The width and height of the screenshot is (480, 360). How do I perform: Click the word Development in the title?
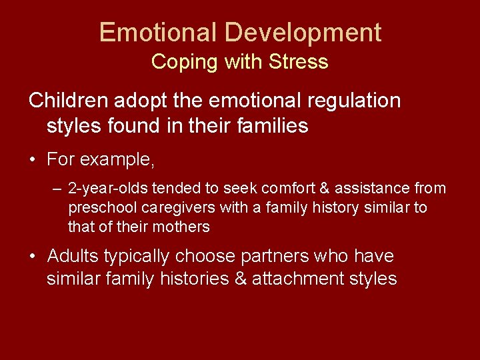click(x=303, y=33)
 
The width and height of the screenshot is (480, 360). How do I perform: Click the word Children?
click(x=69, y=101)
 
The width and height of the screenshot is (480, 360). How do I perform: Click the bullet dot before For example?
click(x=33, y=161)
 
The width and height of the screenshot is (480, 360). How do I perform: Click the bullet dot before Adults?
click(x=33, y=256)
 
